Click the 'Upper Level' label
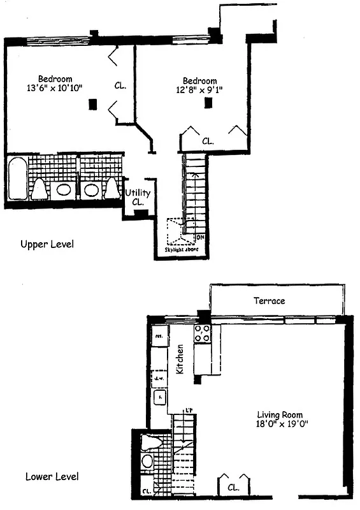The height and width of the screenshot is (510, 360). pos(47,244)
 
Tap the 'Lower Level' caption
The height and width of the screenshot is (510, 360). pos(51,476)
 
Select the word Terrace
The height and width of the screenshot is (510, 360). pos(269,300)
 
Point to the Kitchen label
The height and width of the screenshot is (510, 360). pos(180,360)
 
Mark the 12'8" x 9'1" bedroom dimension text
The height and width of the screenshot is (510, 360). pos(199,90)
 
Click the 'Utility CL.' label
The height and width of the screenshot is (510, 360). pos(137,197)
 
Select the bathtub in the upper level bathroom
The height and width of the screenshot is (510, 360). pos(17,178)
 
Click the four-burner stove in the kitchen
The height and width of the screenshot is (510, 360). pos(203,332)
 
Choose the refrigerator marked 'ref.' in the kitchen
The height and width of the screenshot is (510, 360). pos(159,334)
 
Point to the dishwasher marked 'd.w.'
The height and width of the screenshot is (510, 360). pos(159,378)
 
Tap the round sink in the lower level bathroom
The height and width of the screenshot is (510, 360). pos(147,461)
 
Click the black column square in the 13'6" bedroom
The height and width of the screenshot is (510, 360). pos(94,103)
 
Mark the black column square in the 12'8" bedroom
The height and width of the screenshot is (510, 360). pos(208,103)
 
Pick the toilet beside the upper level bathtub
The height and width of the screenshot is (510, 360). pos(39,188)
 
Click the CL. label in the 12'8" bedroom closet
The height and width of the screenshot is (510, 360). pos(208,140)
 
